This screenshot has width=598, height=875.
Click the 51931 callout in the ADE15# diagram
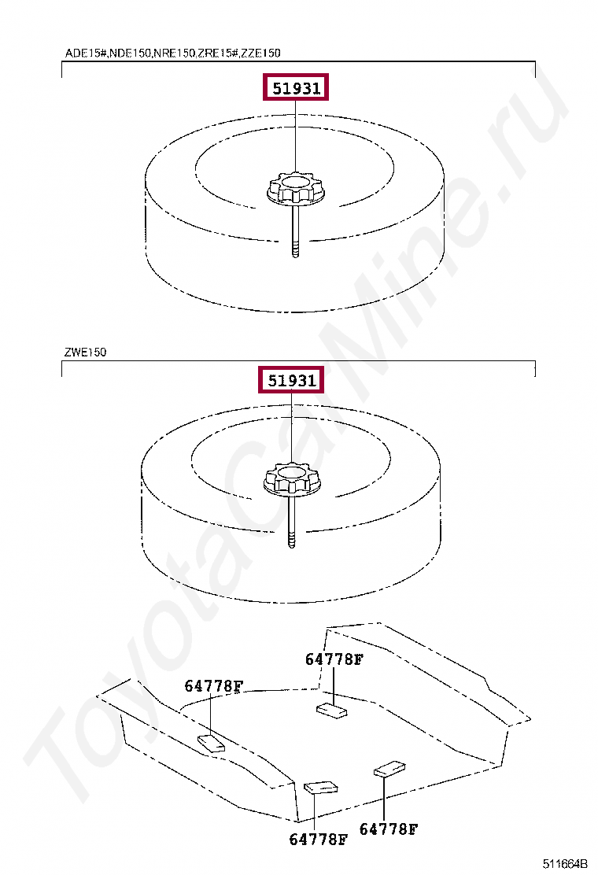[296, 87]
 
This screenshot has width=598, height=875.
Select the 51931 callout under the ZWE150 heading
[291, 380]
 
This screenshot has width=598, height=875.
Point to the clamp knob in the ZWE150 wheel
[291, 480]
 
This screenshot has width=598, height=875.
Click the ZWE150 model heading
[85, 352]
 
